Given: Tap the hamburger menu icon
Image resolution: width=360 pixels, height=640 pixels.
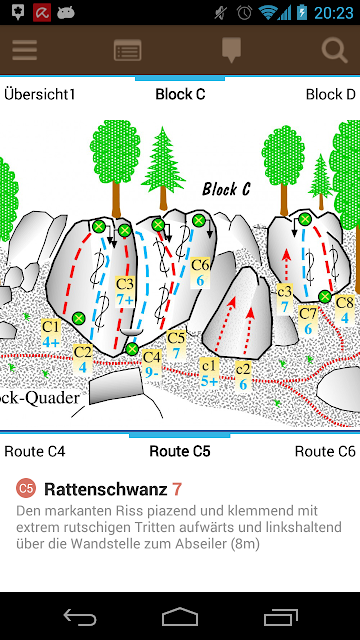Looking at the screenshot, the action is pyautogui.click(x=24, y=50).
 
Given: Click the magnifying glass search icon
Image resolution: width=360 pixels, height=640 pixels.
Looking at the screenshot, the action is pyautogui.click(x=334, y=50).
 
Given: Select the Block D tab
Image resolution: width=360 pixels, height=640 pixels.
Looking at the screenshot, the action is pyautogui.click(x=331, y=94).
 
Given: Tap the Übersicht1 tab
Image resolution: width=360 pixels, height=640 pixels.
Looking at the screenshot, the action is pyautogui.click(x=40, y=94).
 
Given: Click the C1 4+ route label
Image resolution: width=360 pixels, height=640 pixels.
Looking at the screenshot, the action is pyautogui.click(x=51, y=334).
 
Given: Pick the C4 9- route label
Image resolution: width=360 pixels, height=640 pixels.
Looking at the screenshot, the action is pyautogui.click(x=152, y=365).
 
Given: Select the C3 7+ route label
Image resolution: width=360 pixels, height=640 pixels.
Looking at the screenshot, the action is pyautogui.click(x=125, y=291).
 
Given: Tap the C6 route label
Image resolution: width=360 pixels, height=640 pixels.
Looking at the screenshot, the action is pyautogui.click(x=200, y=273).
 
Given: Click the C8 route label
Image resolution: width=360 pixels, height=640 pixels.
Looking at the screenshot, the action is pyautogui.click(x=344, y=310).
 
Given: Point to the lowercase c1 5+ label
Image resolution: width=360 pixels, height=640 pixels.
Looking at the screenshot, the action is pyautogui.click(x=210, y=372).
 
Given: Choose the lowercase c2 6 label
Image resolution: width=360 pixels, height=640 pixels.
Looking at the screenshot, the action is pyautogui.click(x=243, y=376).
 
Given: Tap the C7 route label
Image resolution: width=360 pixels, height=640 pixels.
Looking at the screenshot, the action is pyautogui.click(x=308, y=321).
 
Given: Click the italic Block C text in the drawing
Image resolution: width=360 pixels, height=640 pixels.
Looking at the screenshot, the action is pyautogui.click(x=226, y=189).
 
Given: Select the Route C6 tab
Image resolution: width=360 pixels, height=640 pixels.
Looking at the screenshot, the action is pyautogui.click(x=325, y=451).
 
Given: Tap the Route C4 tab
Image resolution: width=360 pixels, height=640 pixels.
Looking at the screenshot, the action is pyautogui.click(x=35, y=451).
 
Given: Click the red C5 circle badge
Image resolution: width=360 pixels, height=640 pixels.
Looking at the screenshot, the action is pyautogui.click(x=25, y=489).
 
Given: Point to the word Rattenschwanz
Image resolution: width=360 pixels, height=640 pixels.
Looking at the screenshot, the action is pyautogui.click(x=106, y=489).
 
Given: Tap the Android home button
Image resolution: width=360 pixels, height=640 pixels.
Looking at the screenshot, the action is pyautogui.click(x=180, y=616).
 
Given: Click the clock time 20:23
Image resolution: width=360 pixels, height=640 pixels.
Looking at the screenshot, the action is pyautogui.click(x=333, y=13).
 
